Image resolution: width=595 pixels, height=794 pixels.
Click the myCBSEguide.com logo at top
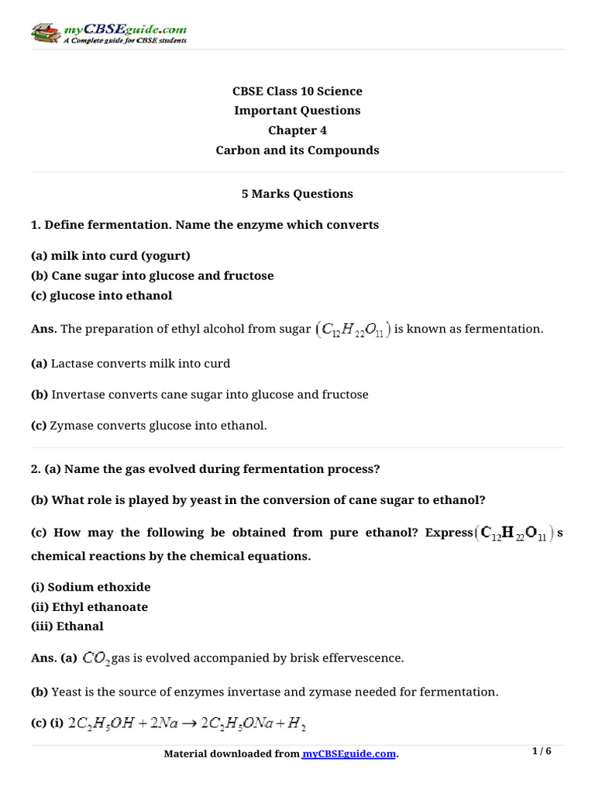[x=108, y=33]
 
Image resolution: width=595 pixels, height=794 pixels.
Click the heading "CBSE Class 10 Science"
[x=297, y=91]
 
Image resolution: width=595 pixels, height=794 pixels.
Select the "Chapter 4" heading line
[x=297, y=130]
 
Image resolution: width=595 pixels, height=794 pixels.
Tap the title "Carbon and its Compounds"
[x=297, y=150]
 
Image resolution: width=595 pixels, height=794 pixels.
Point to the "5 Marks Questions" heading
[x=297, y=194]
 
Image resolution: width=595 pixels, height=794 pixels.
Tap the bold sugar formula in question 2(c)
[x=514, y=533]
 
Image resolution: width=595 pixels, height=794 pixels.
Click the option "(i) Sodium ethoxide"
[x=91, y=587]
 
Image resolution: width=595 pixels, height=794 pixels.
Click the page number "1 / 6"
[x=543, y=751]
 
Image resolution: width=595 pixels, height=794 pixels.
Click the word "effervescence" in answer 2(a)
[x=364, y=658]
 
